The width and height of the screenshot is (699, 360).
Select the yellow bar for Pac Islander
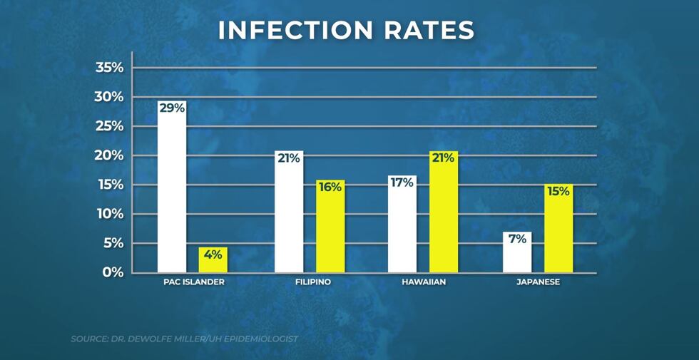(x=213, y=261)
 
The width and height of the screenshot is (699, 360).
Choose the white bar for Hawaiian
(x=402, y=228)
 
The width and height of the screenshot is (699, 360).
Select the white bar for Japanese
(x=517, y=257)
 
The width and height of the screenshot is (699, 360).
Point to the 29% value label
(x=172, y=108)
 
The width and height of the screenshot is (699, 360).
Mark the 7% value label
(x=517, y=240)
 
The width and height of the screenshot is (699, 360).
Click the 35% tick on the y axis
(x=109, y=68)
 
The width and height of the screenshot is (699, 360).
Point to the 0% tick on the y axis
(x=113, y=272)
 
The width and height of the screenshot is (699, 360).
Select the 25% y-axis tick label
(x=109, y=126)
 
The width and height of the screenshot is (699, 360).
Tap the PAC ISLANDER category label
(x=194, y=282)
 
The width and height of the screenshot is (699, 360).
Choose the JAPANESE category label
(x=538, y=282)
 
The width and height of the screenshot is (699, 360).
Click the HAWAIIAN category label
(x=423, y=282)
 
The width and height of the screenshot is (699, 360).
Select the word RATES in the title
(x=437, y=31)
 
